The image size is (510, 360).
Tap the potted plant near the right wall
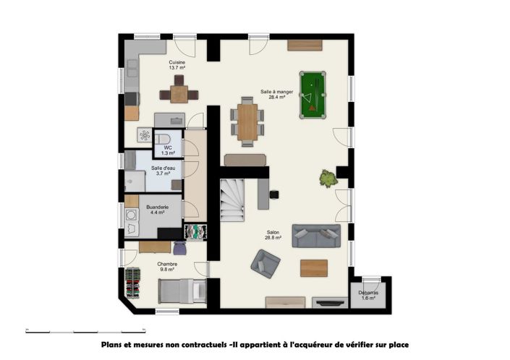328,178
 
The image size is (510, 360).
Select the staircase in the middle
234,199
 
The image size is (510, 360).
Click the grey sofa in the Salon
316,236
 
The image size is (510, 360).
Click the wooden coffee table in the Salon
314,267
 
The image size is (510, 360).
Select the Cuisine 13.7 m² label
177,66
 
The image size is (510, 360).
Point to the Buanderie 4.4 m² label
158,210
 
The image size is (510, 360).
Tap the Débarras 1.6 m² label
369,295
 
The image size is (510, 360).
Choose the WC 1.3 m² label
168,150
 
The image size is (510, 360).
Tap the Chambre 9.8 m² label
167,267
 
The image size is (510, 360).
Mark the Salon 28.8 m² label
272,236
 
